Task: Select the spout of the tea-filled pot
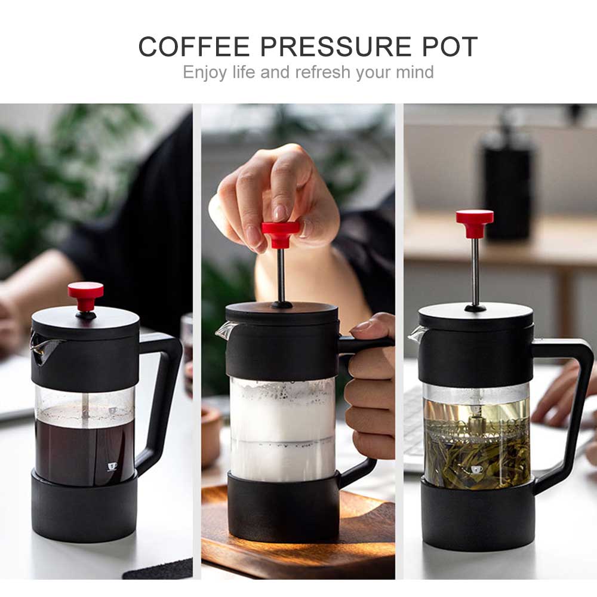click(417, 334)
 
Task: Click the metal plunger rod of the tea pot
click(475, 272)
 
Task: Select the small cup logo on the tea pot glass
click(476, 470)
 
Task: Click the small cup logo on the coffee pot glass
click(112, 466)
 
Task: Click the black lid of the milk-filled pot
click(281, 313)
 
